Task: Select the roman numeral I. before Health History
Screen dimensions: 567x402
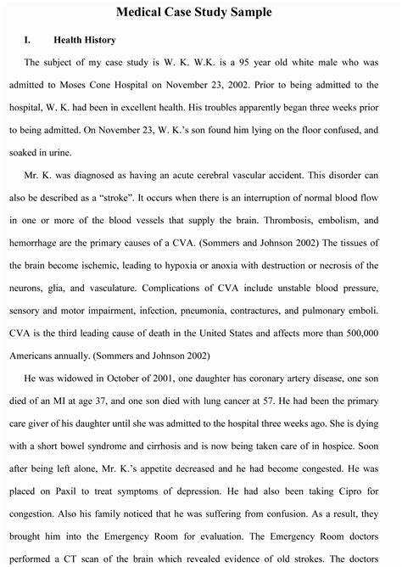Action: click(28, 39)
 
